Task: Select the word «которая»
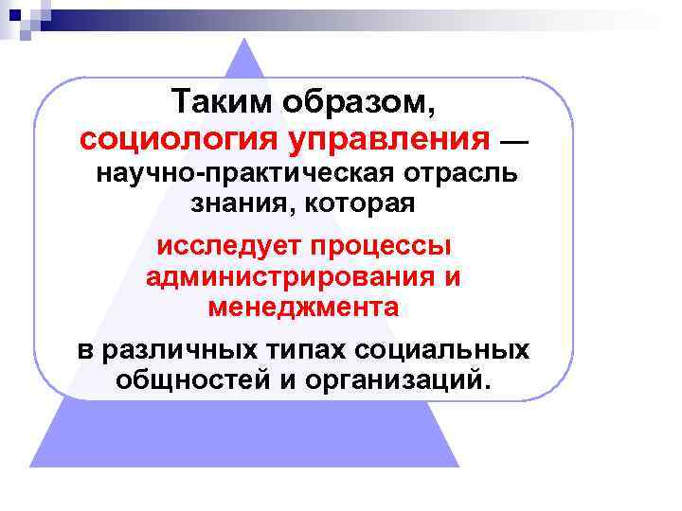pyautogui.click(x=361, y=203)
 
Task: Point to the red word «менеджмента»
pyautogui.click(x=303, y=307)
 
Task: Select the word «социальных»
pyautogui.click(x=442, y=349)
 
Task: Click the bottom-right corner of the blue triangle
pyautogui.click(x=458, y=466)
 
